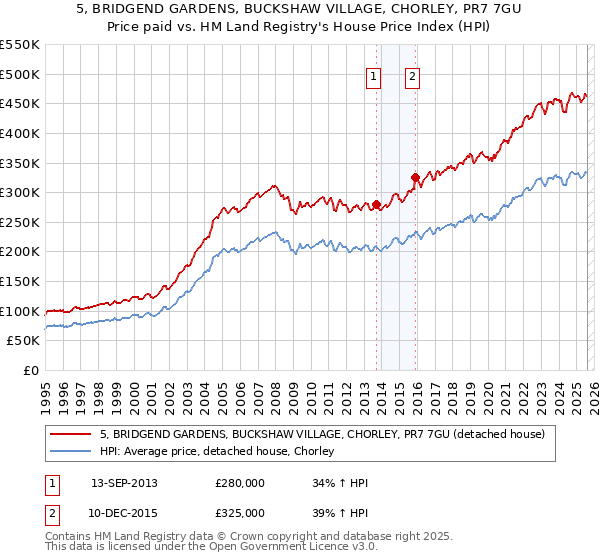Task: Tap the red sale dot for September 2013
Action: pyautogui.click(x=376, y=205)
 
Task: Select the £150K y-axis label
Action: pyautogui.click(x=20, y=282)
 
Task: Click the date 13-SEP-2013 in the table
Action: pyautogui.click(x=124, y=483)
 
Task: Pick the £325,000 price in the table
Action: pyautogui.click(x=240, y=512)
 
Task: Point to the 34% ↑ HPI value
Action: pyautogui.click(x=339, y=483)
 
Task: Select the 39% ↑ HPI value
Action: pyautogui.click(x=339, y=512)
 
